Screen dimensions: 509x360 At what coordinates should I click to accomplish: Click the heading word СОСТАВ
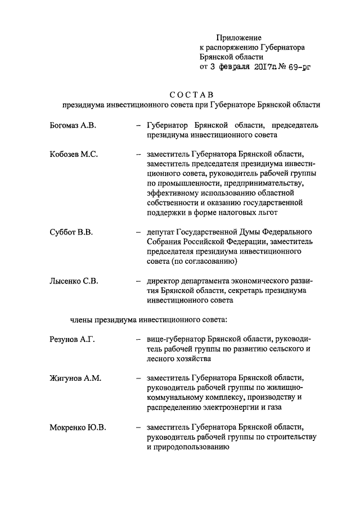(x=191, y=94)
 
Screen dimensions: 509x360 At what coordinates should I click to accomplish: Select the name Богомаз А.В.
(x=73, y=125)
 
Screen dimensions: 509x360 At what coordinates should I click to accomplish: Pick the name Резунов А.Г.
(x=73, y=339)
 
